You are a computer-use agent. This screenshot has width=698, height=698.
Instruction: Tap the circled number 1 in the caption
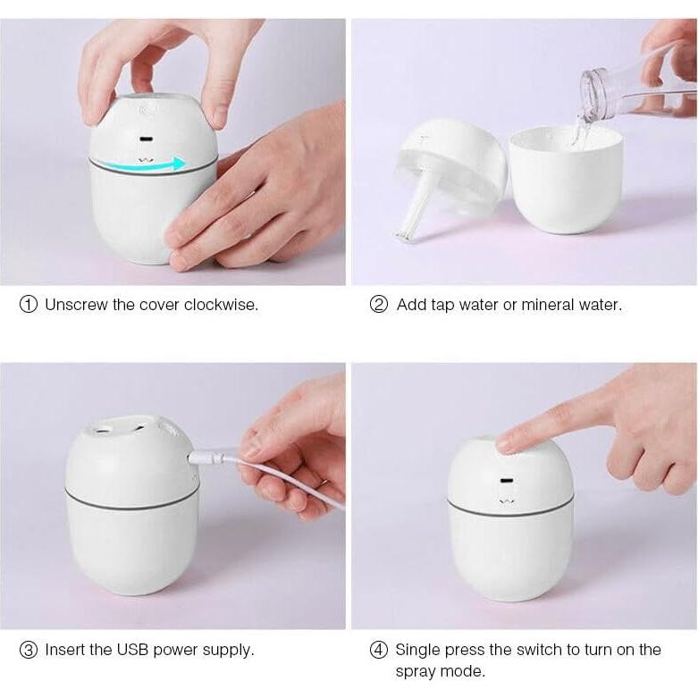[x=29, y=305]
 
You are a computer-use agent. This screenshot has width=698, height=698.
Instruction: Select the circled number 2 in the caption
[x=379, y=305]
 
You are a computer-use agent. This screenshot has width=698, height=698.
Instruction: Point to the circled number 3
[x=29, y=650]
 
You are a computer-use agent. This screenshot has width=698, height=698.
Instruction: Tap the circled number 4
[x=379, y=650]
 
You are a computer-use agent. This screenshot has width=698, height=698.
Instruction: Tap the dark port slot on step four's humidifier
[x=508, y=482]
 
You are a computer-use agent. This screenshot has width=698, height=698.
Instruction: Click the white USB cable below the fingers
[x=295, y=484]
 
